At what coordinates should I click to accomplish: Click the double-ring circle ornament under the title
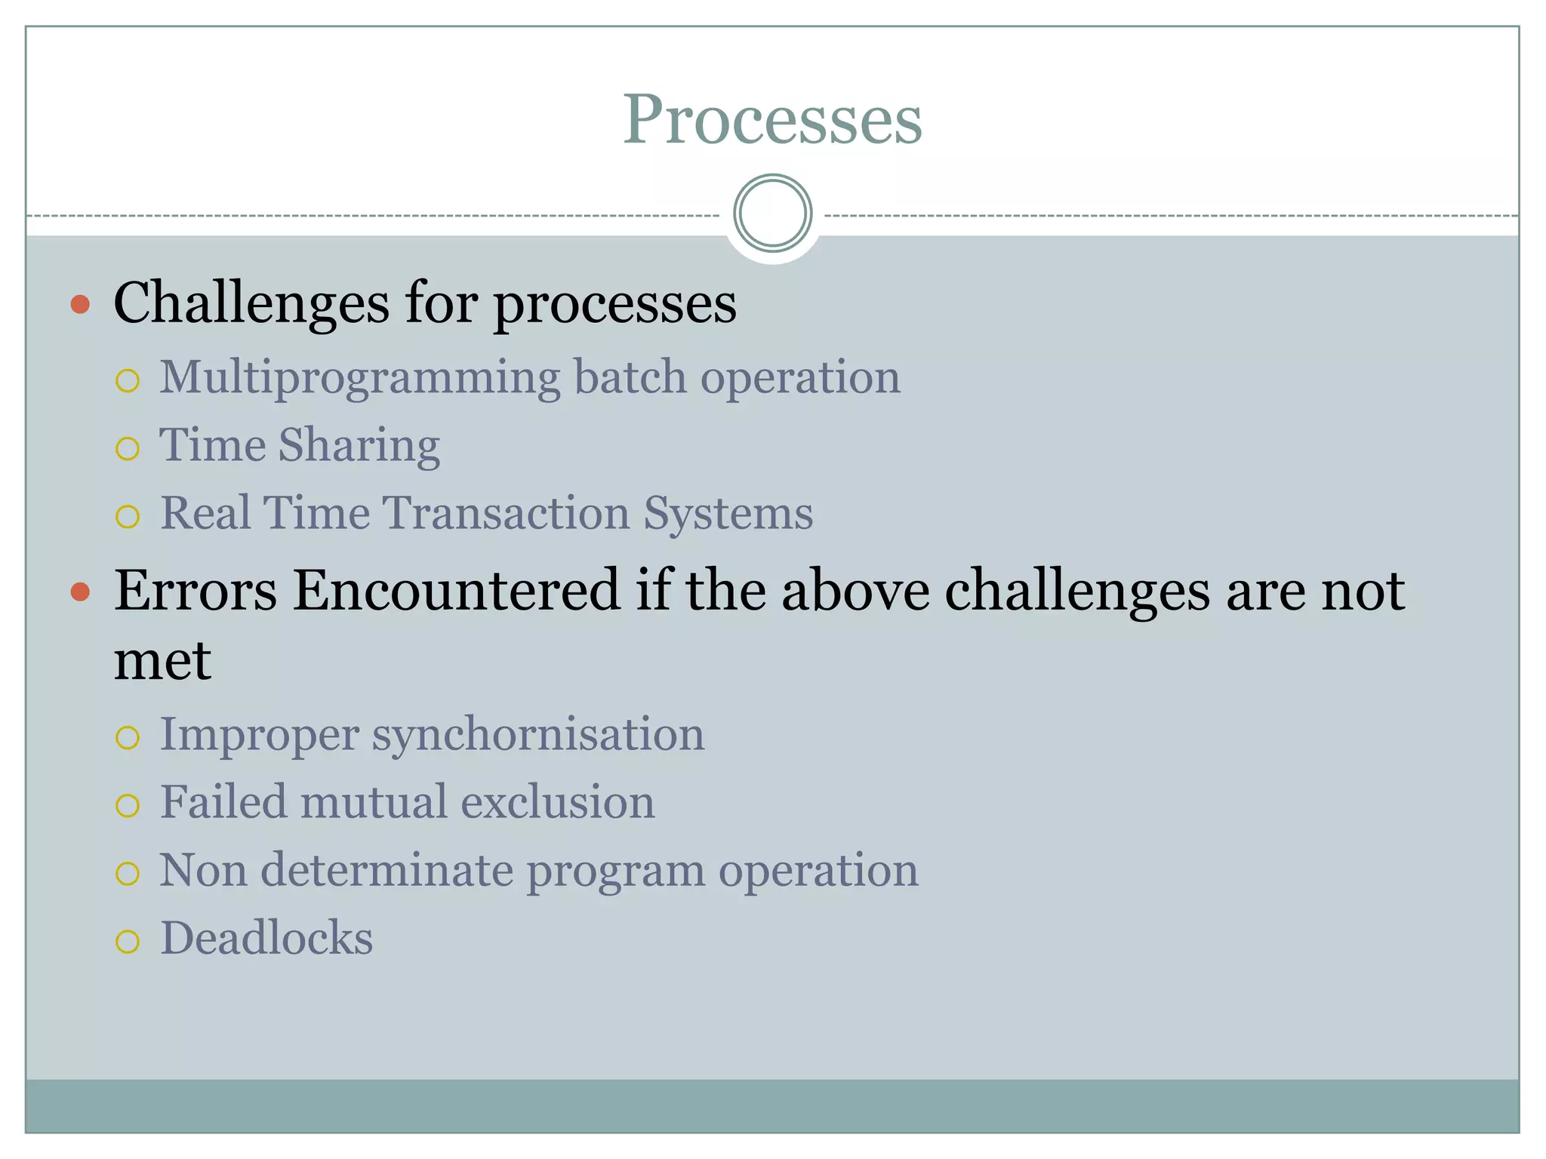click(x=772, y=214)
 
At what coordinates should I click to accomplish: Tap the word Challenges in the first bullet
click(x=251, y=303)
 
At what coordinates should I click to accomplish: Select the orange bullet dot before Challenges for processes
click(x=80, y=305)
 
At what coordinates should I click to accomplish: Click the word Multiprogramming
click(x=359, y=377)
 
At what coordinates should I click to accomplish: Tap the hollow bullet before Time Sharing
click(x=128, y=449)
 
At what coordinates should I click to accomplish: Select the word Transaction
click(x=507, y=513)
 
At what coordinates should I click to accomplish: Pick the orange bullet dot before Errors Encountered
click(x=80, y=592)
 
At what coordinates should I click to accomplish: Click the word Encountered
click(x=456, y=590)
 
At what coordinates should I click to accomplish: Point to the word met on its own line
click(x=162, y=661)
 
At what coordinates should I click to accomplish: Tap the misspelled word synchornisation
click(x=537, y=735)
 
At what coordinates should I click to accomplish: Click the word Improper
click(x=259, y=735)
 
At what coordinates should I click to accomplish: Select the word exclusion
click(x=557, y=801)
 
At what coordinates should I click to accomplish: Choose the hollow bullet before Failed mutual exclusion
click(x=128, y=806)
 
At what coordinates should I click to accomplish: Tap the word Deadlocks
click(x=266, y=938)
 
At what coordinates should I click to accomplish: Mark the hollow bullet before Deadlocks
click(x=128, y=942)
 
